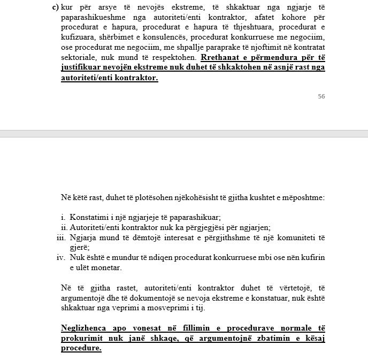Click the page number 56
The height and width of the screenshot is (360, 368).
[321, 96]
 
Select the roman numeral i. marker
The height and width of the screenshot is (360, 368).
[63, 217]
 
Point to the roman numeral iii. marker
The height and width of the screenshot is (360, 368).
[61, 238]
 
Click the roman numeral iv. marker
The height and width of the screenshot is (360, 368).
[61, 257]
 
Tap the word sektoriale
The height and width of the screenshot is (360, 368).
[79, 57]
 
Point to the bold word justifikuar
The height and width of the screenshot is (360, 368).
[82, 67]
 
